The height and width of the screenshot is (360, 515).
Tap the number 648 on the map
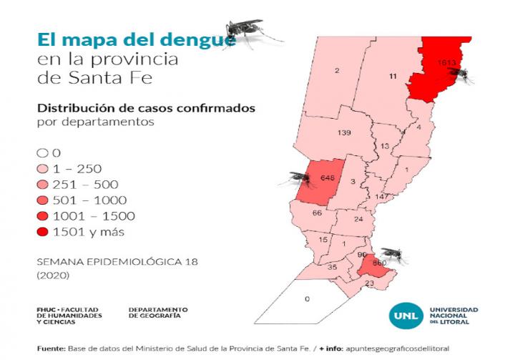point(328,177)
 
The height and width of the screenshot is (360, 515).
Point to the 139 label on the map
point(344,134)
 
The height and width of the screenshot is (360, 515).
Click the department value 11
point(393,76)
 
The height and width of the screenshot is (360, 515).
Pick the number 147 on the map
point(381,196)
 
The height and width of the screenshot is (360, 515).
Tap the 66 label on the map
point(318,213)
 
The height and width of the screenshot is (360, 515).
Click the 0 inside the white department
point(307,298)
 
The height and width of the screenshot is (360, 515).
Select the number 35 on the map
point(332,267)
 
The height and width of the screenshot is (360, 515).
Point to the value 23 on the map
point(369,283)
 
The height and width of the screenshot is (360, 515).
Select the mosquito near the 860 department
point(393,253)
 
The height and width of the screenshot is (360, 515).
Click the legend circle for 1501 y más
point(42,231)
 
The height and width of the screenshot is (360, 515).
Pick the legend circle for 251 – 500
point(42,184)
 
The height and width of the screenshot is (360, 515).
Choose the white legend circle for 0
point(42,152)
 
